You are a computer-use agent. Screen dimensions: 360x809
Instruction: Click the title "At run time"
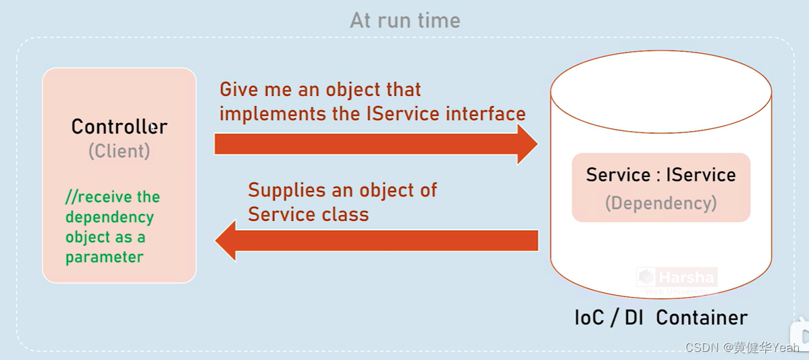(x=404, y=20)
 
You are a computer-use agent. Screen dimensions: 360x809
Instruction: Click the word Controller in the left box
(x=119, y=126)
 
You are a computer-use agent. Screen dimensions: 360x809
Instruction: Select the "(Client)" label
(x=119, y=151)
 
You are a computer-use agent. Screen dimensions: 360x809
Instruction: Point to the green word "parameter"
(x=104, y=257)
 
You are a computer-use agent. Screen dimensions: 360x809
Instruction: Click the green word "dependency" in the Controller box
(x=109, y=217)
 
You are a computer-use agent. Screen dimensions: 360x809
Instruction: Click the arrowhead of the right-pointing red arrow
(x=527, y=144)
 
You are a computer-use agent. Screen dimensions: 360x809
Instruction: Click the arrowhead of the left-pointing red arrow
(x=226, y=240)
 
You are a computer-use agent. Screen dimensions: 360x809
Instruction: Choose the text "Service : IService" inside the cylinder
(x=660, y=175)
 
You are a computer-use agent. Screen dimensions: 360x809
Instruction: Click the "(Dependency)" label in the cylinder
(x=660, y=203)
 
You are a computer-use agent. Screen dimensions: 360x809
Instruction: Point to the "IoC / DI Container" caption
(x=660, y=317)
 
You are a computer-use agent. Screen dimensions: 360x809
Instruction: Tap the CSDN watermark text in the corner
(x=741, y=347)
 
